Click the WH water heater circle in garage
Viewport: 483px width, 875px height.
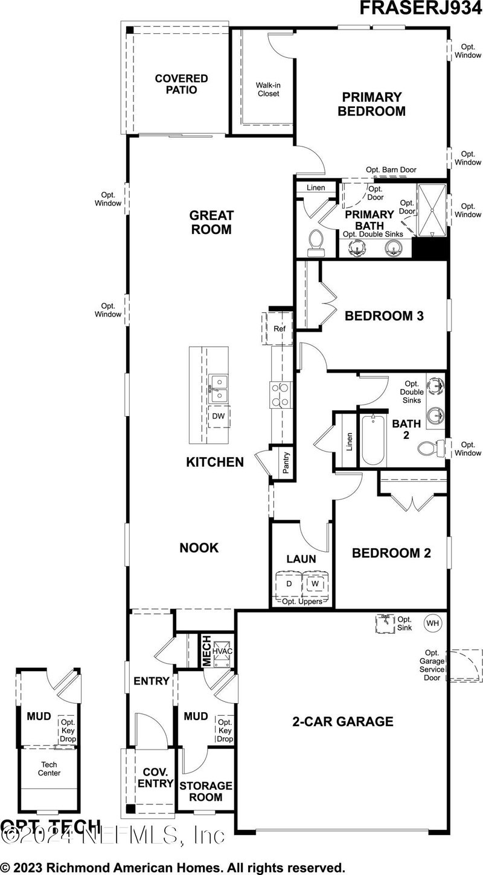point(432,623)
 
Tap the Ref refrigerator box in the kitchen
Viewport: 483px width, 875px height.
point(279,329)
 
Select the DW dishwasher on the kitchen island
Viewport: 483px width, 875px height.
point(217,417)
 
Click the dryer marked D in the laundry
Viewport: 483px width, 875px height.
point(289,584)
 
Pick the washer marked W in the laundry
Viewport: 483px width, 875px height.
point(315,584)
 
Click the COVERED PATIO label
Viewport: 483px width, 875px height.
point(181,84)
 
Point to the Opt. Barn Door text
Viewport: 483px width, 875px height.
point(391,170)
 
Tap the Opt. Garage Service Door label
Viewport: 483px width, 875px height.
point(432,665)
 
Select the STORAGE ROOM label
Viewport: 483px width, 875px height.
point(205,791)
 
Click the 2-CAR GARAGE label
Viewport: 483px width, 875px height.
point(343,721)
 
